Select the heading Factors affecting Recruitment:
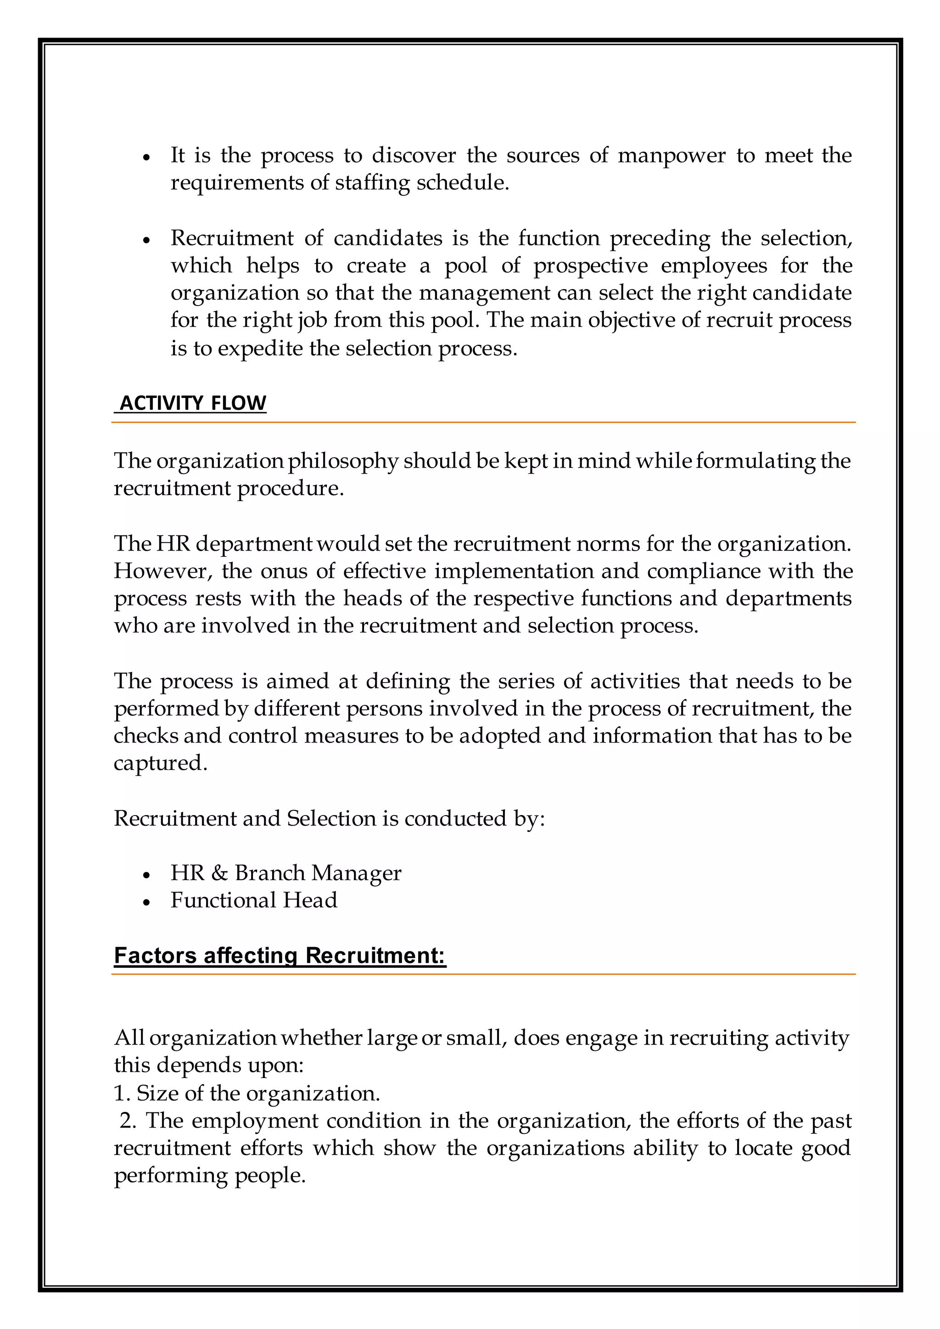tap(280, 955)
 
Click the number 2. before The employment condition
tap(128, 1121)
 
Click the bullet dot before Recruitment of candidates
tap(146, 240)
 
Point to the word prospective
tap(590, 266)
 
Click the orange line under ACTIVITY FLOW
tap(483, 423)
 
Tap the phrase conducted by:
tap(475, 819)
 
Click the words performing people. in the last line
tap(210, 1176)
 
